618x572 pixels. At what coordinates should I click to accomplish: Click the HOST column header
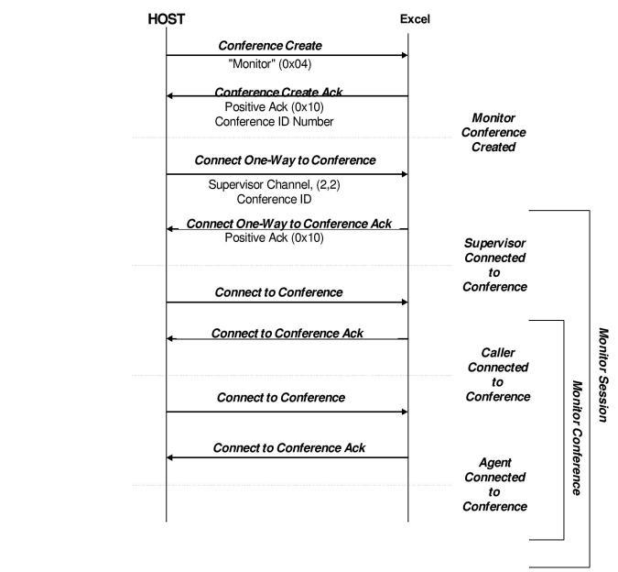[166, 18]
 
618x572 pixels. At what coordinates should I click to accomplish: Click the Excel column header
[415, 19]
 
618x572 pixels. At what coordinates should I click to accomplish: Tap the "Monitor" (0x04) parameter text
[273, 63]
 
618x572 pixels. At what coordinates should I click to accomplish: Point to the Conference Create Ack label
[278, 92]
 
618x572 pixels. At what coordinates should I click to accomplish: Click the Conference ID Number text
[274, 121]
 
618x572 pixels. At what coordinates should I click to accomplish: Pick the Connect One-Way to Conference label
[285, 159]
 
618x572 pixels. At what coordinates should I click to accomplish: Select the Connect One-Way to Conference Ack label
[288, 224]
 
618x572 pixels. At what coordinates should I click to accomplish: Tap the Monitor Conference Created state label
[493, 132]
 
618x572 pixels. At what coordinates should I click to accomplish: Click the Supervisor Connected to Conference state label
[494, 265]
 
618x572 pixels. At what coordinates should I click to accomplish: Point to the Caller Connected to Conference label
[497, 374]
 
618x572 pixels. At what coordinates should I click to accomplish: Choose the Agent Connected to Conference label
[495, 484]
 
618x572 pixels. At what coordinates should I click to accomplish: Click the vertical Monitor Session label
[603, 375]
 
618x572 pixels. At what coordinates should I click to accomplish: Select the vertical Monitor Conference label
[577, 437]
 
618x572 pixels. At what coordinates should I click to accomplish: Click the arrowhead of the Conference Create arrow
[404, 55]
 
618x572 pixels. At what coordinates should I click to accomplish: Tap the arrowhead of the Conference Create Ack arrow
[170, 95]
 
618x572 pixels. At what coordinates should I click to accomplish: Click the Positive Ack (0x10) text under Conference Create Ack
[274, 106]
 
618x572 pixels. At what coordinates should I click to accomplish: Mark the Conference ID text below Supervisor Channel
[274, 199]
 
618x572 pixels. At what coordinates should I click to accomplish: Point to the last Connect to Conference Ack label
[288, 447]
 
